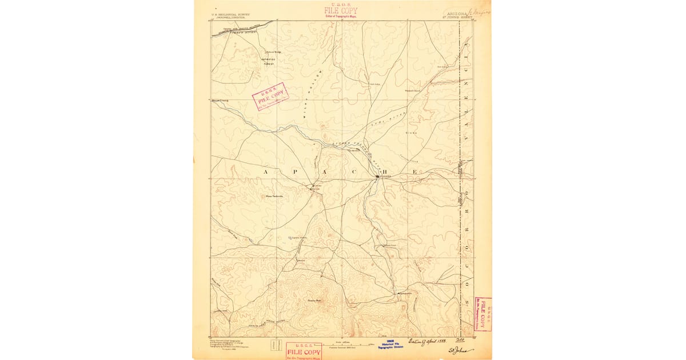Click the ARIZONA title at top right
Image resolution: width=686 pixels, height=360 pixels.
click(x=455, y=12)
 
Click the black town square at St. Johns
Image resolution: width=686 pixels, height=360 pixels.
click(x=377, y=178)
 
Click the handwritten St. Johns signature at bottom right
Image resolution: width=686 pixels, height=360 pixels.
click(x=460, y=349)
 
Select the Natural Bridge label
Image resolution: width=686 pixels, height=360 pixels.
click(x=266, y=52)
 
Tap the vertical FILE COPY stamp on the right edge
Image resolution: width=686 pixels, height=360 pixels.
click(x=484, y=314)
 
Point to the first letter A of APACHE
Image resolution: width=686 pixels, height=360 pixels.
click(x=266, y=172)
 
